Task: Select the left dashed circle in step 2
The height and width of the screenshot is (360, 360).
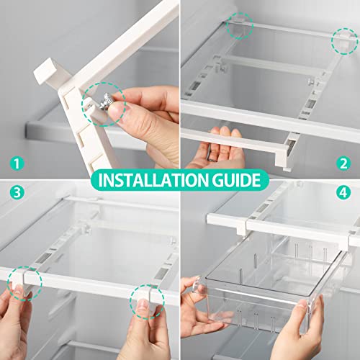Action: (x=240, y=27)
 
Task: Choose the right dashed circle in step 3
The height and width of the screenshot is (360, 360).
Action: (x=144, y=299)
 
